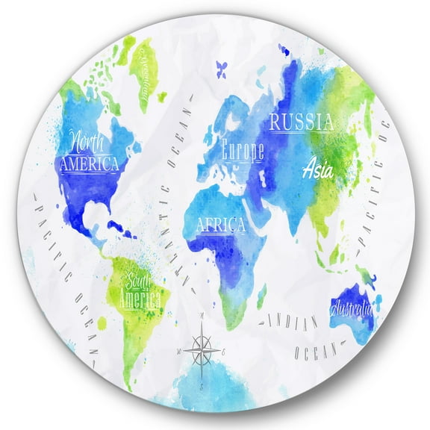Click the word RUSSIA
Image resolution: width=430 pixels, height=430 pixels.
(301, 122)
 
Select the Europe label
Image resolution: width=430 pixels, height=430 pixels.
(243, 151)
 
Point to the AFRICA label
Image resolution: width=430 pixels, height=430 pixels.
(220, 223)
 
